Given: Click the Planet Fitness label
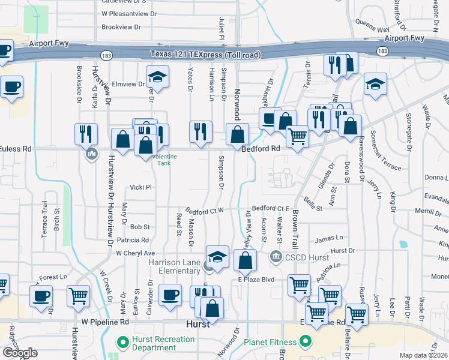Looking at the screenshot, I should tap(271, 343).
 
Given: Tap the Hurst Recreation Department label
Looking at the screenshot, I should tap(163, 343).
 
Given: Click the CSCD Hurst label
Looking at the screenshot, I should tap(307, 257).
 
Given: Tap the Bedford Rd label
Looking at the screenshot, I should tap(261, 148).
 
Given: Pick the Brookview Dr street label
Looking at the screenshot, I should tap(121, 27).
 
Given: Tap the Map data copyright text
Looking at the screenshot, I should tap(424, 355).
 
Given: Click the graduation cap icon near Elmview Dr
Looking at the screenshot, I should tap(157, 77).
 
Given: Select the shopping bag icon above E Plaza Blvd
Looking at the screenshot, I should tap(245, 261).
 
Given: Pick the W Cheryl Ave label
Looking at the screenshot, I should tap(136, 253).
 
